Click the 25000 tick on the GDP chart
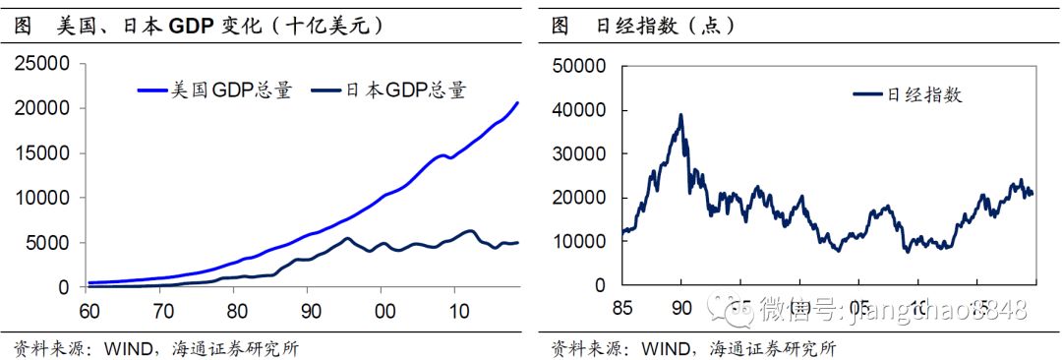click(x=42, y=64)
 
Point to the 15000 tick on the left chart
click(x=42, y=153)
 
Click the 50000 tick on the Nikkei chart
click(x=584, y=67)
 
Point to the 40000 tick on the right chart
click(x=584, y=110)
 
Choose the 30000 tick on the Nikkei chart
click(x=584, y=154)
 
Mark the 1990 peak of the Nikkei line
click(x=680, y=115)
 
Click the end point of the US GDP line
click(x=518, y=102)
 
